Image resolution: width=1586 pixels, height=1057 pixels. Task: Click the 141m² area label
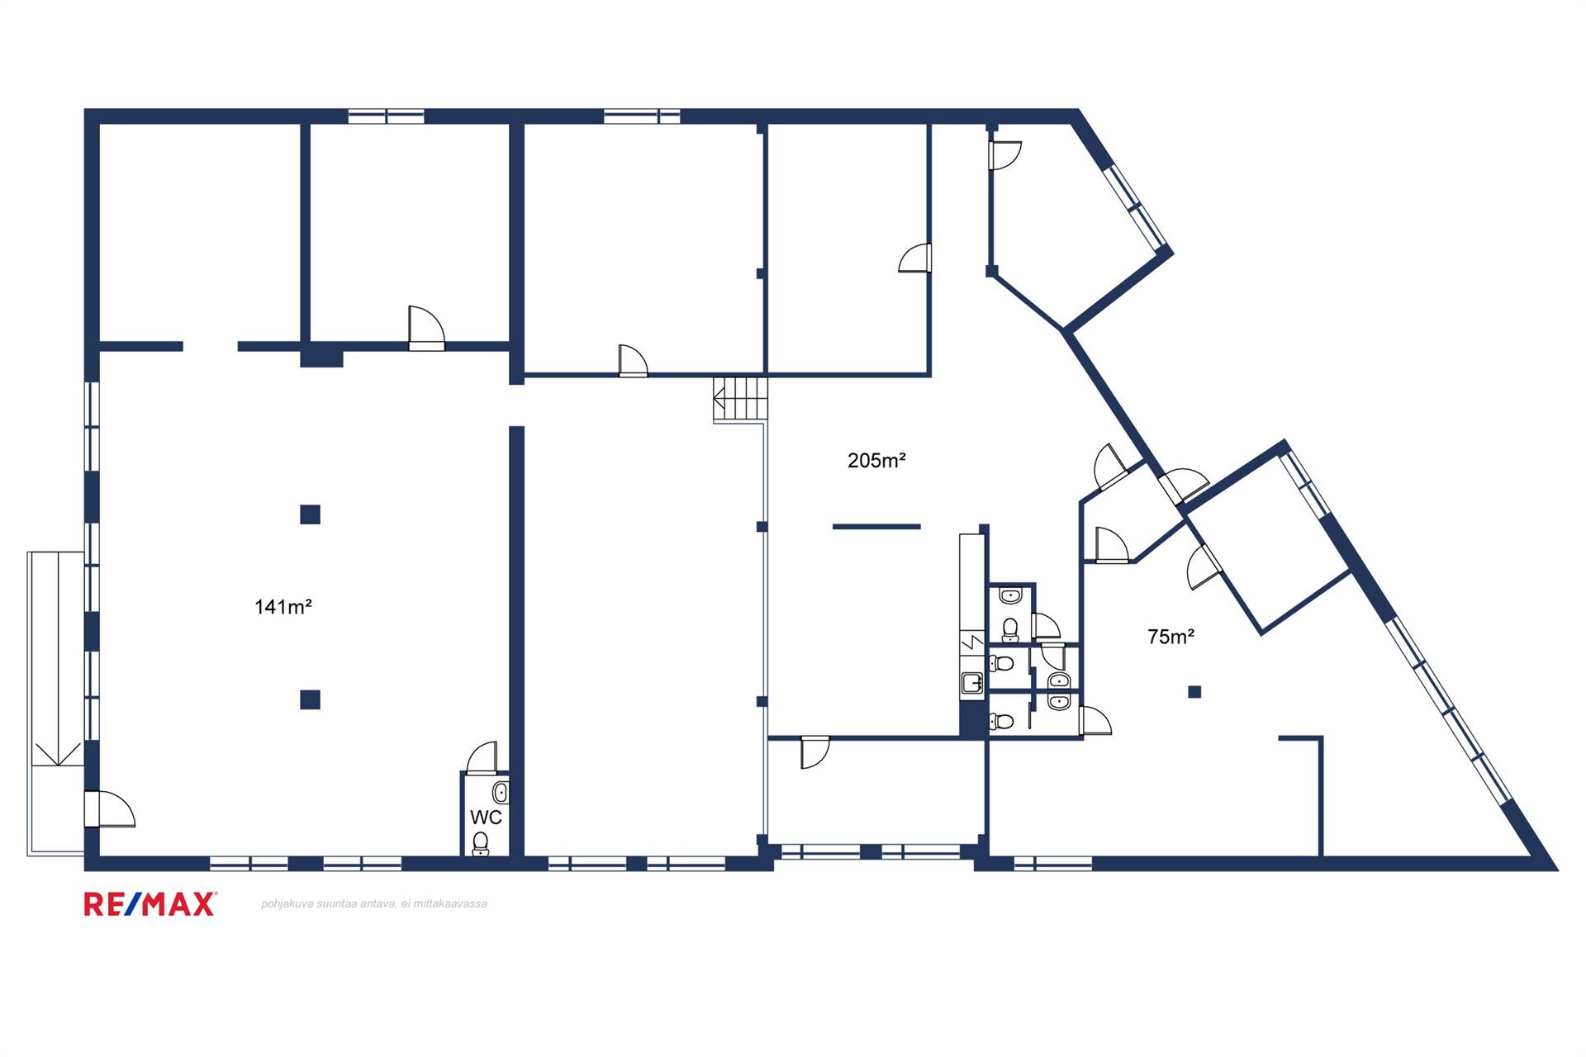click(283, 607)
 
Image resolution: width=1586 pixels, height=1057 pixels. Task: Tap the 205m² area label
click(876, 460)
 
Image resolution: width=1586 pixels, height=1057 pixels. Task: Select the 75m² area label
click(1171, 636)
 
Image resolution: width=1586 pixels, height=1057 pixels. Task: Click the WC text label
click(486, 817)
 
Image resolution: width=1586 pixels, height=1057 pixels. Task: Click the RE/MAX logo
click(150, 904)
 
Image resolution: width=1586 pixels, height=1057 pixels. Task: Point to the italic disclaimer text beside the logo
click(374, 903)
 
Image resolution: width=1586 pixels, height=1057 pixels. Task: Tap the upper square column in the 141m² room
click(310, 514)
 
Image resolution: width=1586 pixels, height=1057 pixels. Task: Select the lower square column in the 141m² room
click(310, 699)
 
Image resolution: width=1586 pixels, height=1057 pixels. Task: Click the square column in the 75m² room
click(1194, 692)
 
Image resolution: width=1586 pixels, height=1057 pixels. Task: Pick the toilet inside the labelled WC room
click(481, 843)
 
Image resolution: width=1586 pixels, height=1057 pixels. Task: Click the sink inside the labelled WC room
click(501, 793)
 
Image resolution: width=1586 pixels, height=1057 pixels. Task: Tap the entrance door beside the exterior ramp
click(109, 809)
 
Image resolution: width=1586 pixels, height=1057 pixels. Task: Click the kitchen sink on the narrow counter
click(971, 683)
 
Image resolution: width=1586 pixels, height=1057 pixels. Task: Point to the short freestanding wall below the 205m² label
click(876, 526)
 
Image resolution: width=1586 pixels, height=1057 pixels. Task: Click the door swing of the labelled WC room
click(482, 757)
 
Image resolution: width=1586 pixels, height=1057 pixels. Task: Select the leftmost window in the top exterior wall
click(386, 116)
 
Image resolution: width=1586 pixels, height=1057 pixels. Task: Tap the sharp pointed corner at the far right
click(1556, 870)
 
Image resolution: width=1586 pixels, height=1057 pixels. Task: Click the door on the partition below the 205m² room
click(814, 752)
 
